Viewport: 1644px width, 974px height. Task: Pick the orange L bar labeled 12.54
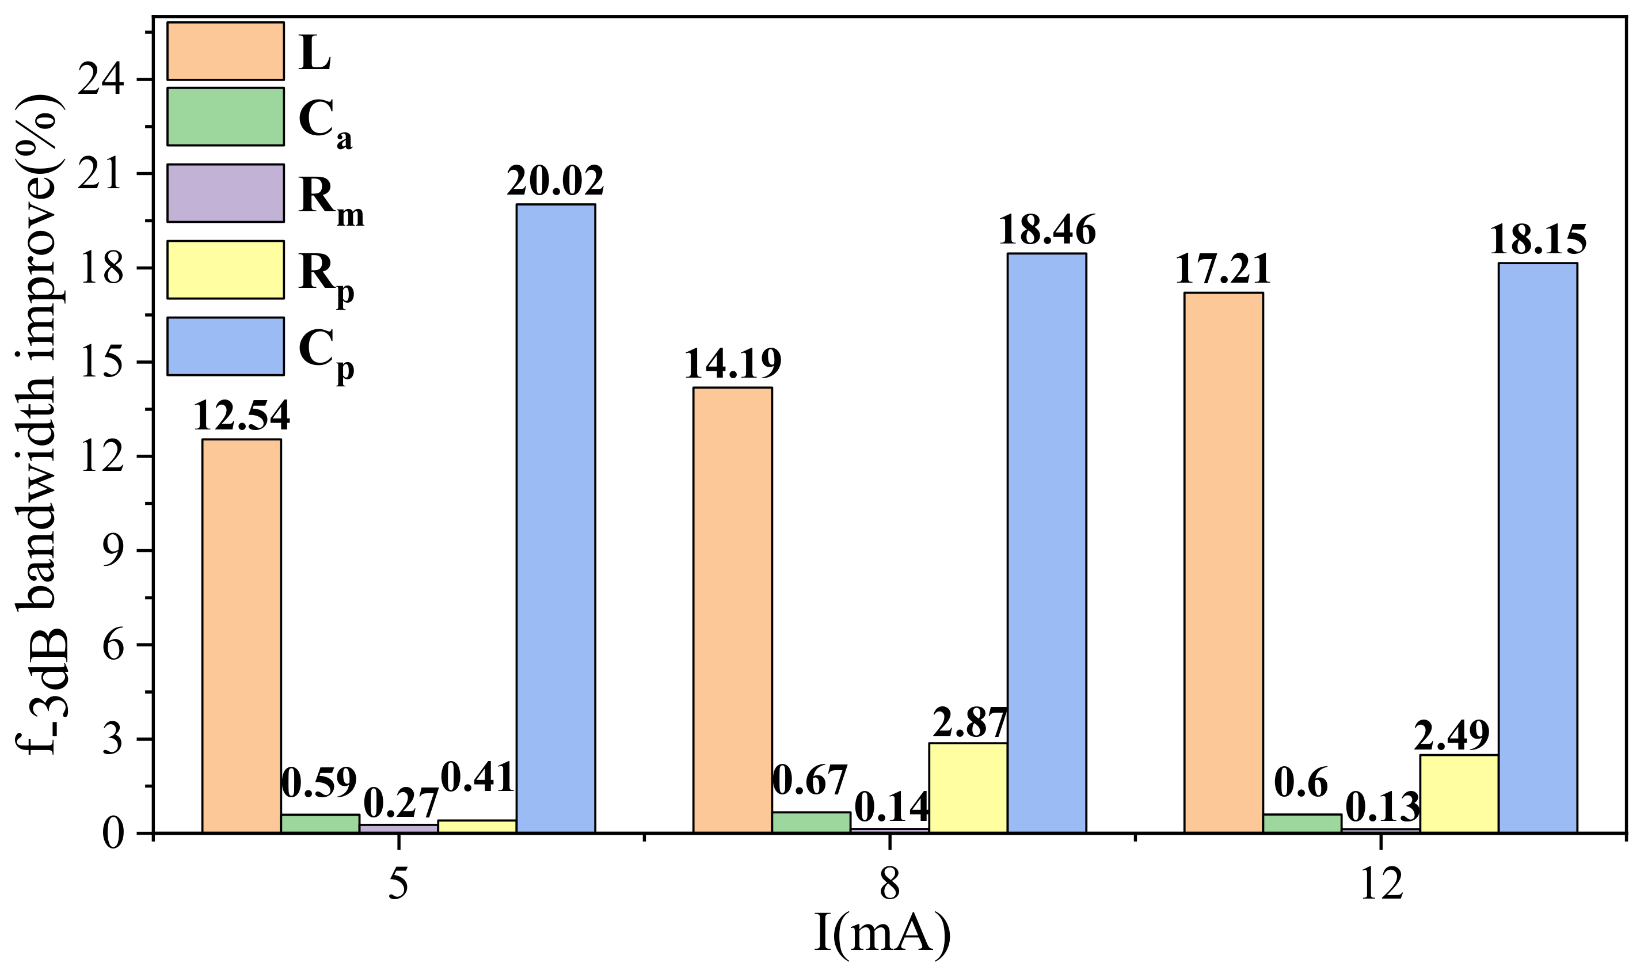[x=242, y=636]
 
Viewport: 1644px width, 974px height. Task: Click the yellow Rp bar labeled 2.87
[x=968, y=787]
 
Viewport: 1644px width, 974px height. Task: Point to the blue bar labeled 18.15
[x=1538, y=548]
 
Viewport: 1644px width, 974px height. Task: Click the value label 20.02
[x=555, y=181]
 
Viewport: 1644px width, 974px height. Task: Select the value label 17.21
[x=1223, y=269]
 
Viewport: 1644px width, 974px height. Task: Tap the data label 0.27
[x=399, y=804]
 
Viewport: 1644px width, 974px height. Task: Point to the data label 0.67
[x=810, y=781]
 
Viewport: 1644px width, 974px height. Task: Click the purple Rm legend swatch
[x=225, y=193]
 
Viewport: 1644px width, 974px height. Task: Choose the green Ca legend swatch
[x=225, y=116]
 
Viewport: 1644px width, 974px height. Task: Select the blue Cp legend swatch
[x=225, y=347]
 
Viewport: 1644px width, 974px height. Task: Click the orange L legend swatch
[x=225, y=51]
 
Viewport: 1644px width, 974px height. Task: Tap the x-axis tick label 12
[x=1382, y=884]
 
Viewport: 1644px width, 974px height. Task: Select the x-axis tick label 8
[x=889, y=884]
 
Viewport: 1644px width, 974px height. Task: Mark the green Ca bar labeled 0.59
[x=320, y=824]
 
